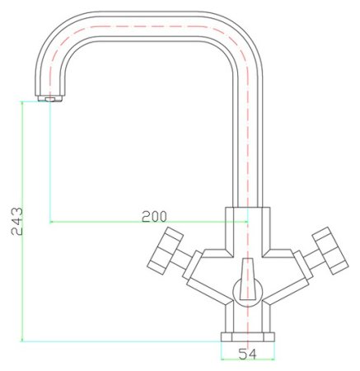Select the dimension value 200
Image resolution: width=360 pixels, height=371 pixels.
pos(154,216)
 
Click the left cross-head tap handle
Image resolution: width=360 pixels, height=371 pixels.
pos(164,251)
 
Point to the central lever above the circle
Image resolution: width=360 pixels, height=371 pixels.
pos(246,269)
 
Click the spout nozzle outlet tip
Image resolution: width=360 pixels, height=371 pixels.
pos(49,100)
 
